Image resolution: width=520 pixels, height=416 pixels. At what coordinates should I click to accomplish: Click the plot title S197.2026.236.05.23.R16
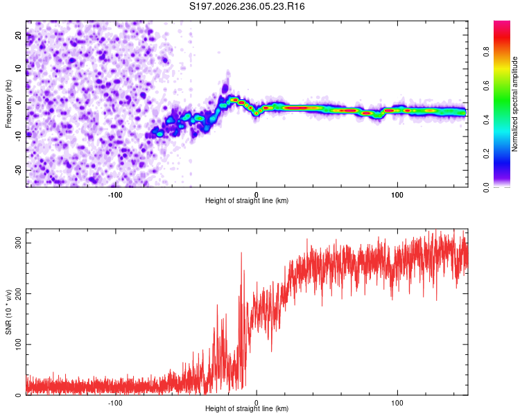tap(247, 6)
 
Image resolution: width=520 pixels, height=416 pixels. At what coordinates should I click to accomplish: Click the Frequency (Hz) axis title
tap(8, 104)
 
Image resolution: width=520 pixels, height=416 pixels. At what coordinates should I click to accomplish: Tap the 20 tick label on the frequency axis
tap(18, 35)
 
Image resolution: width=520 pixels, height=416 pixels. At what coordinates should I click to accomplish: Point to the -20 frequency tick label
tap(18, 171)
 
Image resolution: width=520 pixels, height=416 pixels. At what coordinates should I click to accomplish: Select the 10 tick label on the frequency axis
tap(18, 69)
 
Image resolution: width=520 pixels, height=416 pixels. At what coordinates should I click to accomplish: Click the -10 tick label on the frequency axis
tap(18, 137)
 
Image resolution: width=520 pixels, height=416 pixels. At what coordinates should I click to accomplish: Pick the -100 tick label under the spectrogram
tap(115, 195)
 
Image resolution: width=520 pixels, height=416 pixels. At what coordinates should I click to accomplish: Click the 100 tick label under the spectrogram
tap(397, 195)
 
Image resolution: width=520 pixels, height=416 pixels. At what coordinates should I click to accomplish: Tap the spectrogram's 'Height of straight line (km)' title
tap(247, 200)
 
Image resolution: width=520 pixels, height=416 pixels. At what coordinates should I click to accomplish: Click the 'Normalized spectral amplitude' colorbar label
tap(514, 104)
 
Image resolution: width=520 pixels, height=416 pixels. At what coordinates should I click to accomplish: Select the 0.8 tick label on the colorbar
tap(486, 52)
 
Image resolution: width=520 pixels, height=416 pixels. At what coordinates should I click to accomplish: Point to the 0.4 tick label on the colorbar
tap(486, 120)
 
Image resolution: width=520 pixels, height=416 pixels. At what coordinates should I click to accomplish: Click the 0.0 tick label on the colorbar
tap(486, 188)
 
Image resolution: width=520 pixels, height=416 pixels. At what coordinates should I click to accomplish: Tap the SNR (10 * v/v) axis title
tap(8, 312)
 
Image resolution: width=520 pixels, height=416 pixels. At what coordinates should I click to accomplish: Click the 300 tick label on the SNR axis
tap(18, 243)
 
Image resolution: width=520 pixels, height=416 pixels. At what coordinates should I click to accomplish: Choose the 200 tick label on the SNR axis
tap(18, 293)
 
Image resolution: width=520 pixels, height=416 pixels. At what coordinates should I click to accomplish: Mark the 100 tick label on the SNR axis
tap(18, 345)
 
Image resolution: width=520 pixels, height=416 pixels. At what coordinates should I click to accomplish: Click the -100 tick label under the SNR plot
tap(115, 403)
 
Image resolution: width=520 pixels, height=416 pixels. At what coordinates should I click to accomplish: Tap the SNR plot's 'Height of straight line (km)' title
tap(247, 408)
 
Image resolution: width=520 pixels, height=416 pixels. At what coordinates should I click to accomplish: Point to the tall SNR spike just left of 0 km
tap(241, 254)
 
